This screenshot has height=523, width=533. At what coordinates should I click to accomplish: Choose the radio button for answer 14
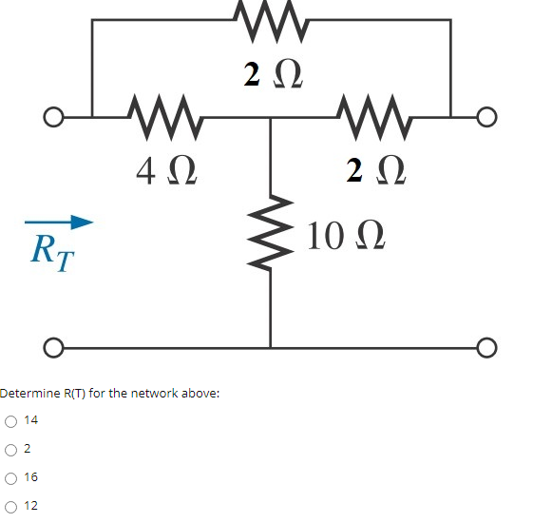(10, 420)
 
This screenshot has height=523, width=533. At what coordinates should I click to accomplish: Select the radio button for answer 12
(10, 506)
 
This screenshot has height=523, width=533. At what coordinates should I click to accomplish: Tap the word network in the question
(155, 393)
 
